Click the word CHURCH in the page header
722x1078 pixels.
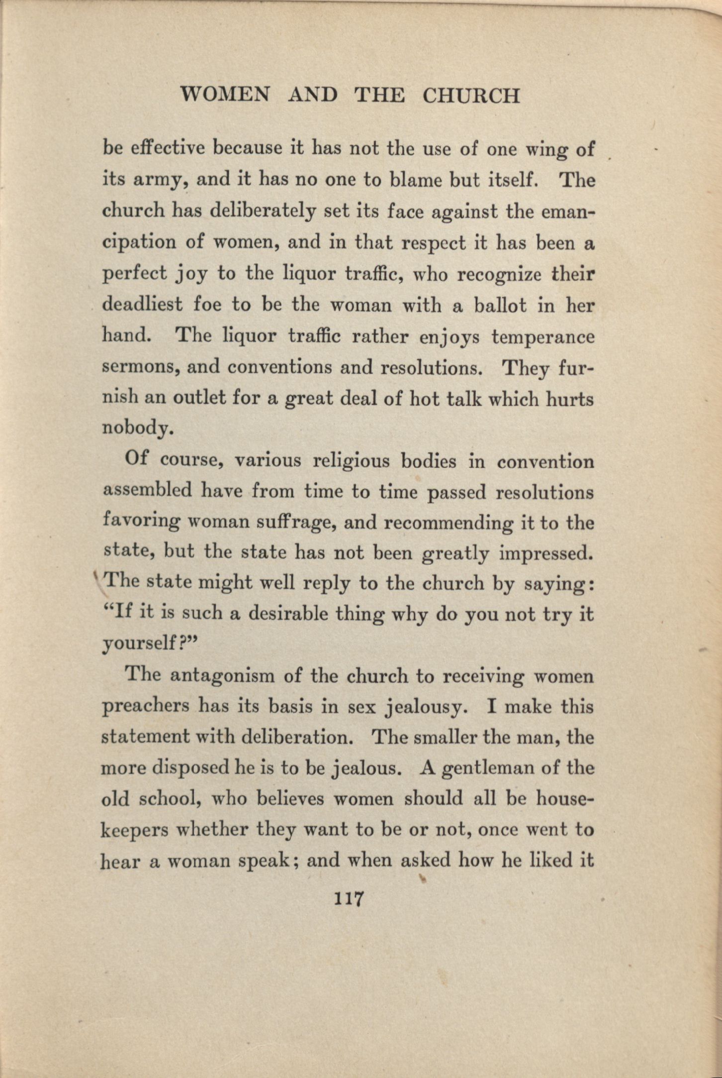(x=470, y=96)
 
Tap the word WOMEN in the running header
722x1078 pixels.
(x=225, y=95)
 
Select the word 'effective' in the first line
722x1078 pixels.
(x=168, y=149)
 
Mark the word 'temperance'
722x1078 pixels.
(x=543, y=337)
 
